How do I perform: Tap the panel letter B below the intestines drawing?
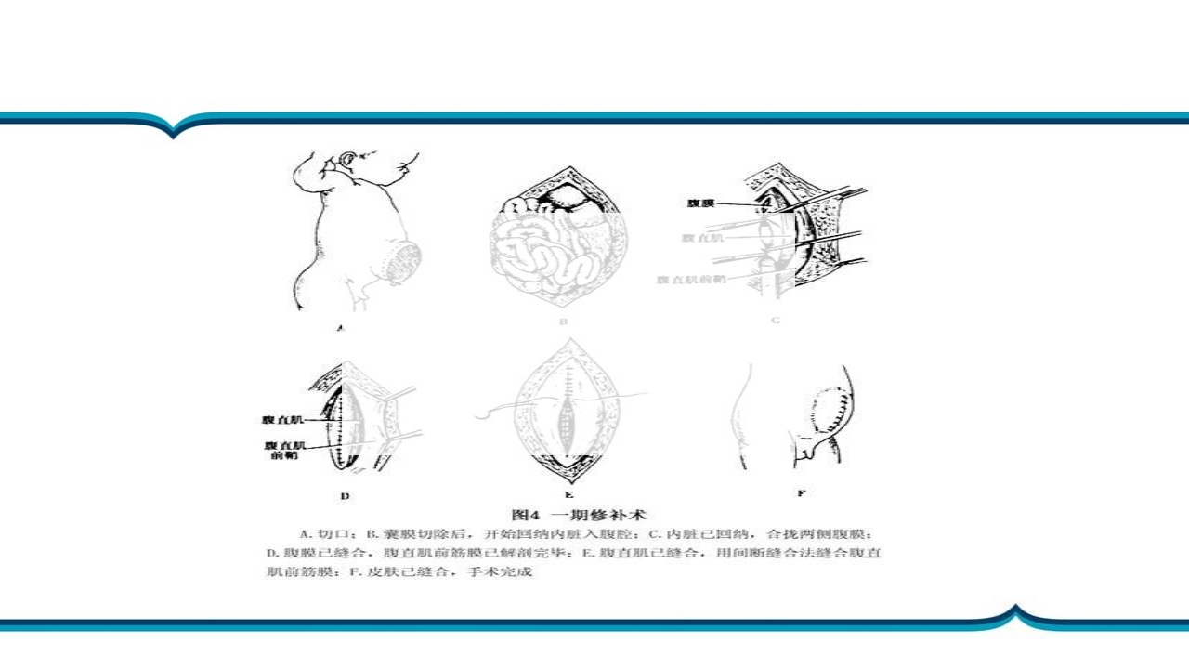click(563, 321)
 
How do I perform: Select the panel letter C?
click(776, 321)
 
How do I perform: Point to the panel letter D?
click(345, 495)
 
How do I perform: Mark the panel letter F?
click(801, 493)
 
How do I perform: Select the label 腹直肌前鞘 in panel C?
click(692, 279)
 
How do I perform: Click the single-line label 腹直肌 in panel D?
click(285, 420)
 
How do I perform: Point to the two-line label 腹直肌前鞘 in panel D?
click(284, 451)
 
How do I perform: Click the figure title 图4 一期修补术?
click(580, 514)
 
